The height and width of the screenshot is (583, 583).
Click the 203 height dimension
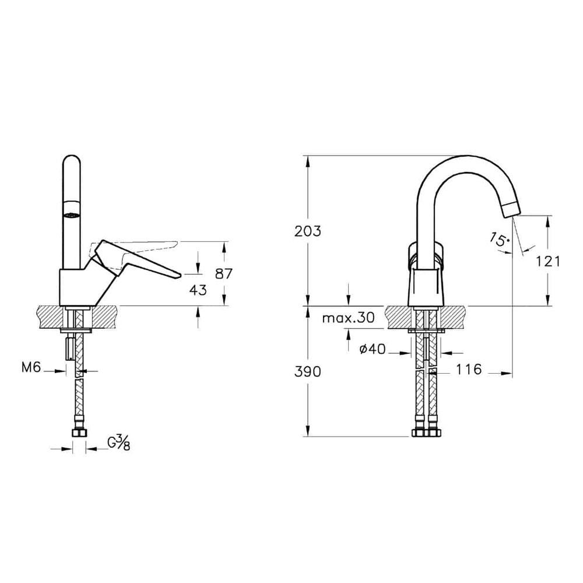pos(308,230)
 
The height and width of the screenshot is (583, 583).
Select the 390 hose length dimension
pos(308,372)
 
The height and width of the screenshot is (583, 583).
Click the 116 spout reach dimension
pos(469,370)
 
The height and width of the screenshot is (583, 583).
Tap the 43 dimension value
pos(197,289)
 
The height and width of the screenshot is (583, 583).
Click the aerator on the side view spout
pos(71,214)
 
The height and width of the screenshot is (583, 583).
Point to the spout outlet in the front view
pos(511,208)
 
